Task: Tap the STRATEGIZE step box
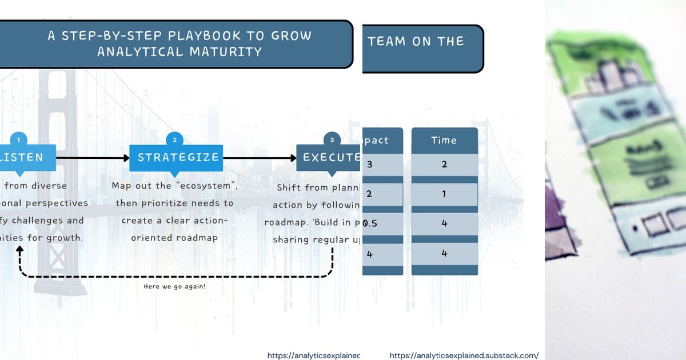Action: (x=176, y=157)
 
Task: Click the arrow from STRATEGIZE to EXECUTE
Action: (x=260, y=158)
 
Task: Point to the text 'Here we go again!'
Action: (x=175, y=286)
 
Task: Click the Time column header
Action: (x=444, y=141)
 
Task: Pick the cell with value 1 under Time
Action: (x=444, y=194)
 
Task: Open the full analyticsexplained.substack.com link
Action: (x=464, y=355)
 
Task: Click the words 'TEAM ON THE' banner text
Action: (x=416, y=41)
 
